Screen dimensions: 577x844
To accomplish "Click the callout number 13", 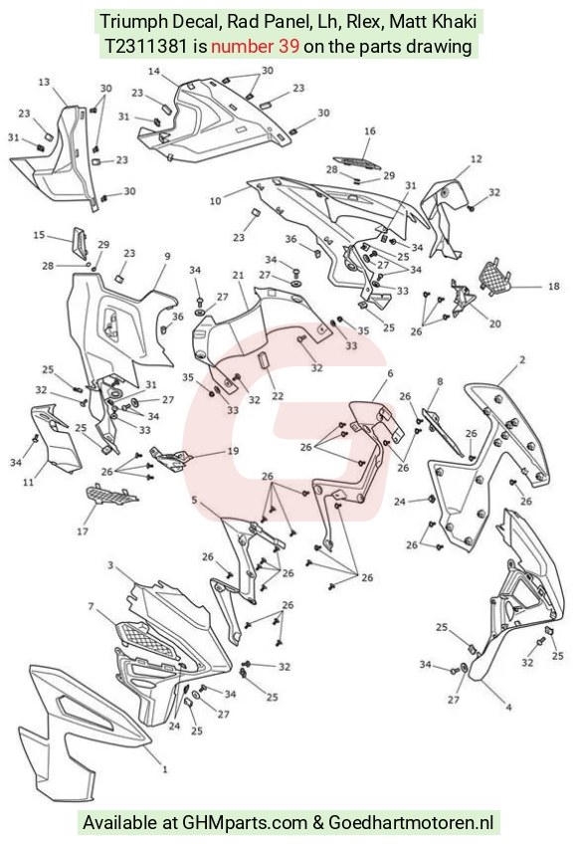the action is click(44, 83).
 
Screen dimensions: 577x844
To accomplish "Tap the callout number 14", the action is click(154, 72).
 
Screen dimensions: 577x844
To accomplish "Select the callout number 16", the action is click(370, 130).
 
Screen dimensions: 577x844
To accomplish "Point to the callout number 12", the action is click(477, 159).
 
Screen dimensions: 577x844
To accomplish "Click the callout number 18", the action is click(554, 287).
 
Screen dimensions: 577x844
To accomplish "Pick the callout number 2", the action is click(522, 359).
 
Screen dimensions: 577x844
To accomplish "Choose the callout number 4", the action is click(508, 707).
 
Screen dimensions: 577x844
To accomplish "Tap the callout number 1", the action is click(165, 769).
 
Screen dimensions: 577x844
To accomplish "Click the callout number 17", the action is click(83, 531).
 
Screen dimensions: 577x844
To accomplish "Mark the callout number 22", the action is click(278, 396).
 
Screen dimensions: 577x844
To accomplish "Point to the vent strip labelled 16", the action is click(356, 162).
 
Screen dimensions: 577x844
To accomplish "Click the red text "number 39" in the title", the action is click(255, 47).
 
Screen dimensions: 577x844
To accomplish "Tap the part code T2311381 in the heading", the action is click(145, 47).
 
